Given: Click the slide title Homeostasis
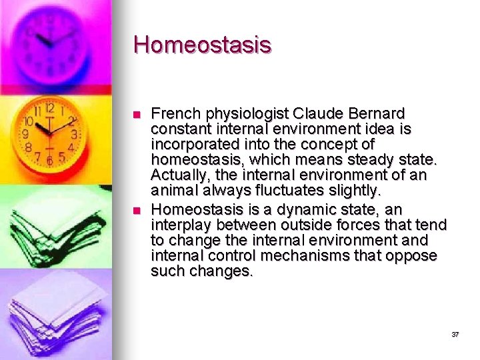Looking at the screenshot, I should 202,45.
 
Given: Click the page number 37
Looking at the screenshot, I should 455,334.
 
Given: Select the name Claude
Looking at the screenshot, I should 321,113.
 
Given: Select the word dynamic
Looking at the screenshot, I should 313,209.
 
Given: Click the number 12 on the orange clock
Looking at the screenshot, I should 49,108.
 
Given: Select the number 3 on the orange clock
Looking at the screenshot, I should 74,133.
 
